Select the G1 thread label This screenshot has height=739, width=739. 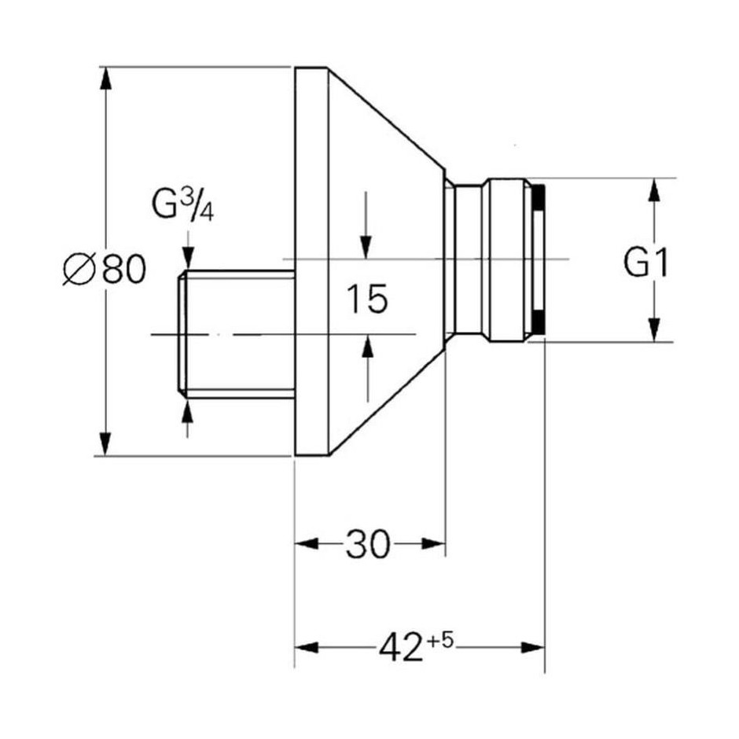tap(645, 263)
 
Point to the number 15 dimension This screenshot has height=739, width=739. tap(367, 298)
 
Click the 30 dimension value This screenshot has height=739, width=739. tap(368, 544)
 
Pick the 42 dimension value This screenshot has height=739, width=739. tap(401, 647)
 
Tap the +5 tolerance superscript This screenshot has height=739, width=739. tap(440, 641)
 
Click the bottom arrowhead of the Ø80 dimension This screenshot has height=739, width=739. tap(106, 444)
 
